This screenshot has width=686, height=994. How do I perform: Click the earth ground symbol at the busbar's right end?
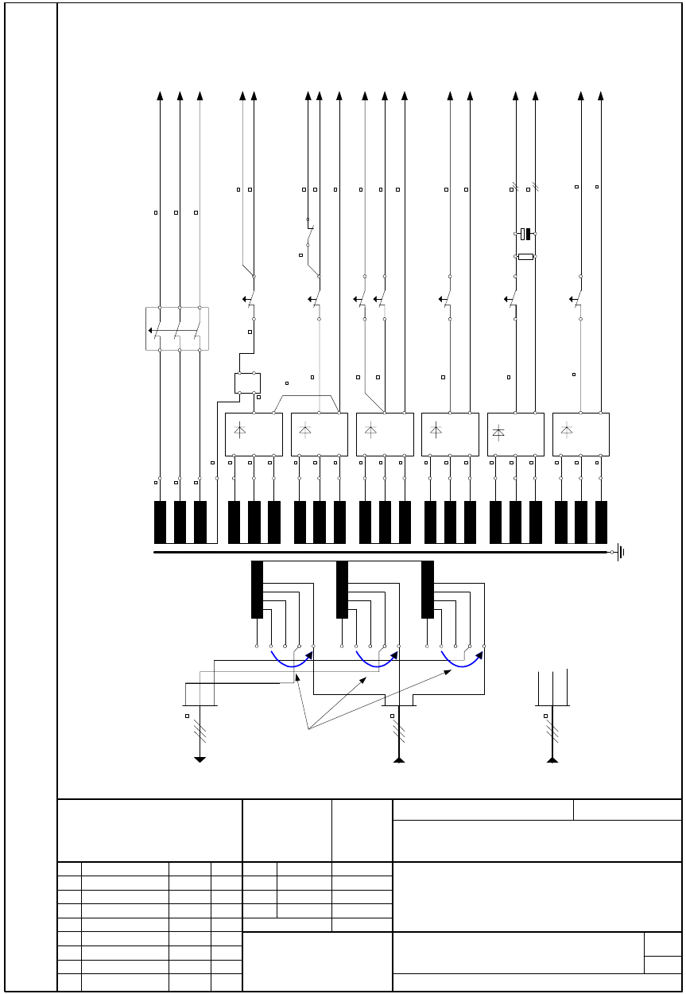point(621,551)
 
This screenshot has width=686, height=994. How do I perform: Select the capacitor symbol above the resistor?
point(525,234)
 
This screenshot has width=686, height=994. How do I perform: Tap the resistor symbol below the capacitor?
point(525,257)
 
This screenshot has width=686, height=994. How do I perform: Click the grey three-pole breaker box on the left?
point(177,328)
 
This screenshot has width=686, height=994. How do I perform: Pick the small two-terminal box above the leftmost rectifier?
point(248,382)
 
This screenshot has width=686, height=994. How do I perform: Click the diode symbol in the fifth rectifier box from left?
point(498,432)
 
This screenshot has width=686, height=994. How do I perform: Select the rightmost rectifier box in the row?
point(581,434)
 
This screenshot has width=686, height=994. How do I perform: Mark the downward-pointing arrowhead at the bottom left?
point(200,760)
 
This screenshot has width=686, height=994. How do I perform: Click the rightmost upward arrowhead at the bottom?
point(552,759)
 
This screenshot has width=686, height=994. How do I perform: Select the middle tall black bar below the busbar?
point(343,589)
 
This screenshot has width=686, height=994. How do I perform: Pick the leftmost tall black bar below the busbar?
point(257,589)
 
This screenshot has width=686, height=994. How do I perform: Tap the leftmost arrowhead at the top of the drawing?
point(160,96)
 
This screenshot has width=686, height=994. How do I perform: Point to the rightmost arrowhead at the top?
point(600,96)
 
